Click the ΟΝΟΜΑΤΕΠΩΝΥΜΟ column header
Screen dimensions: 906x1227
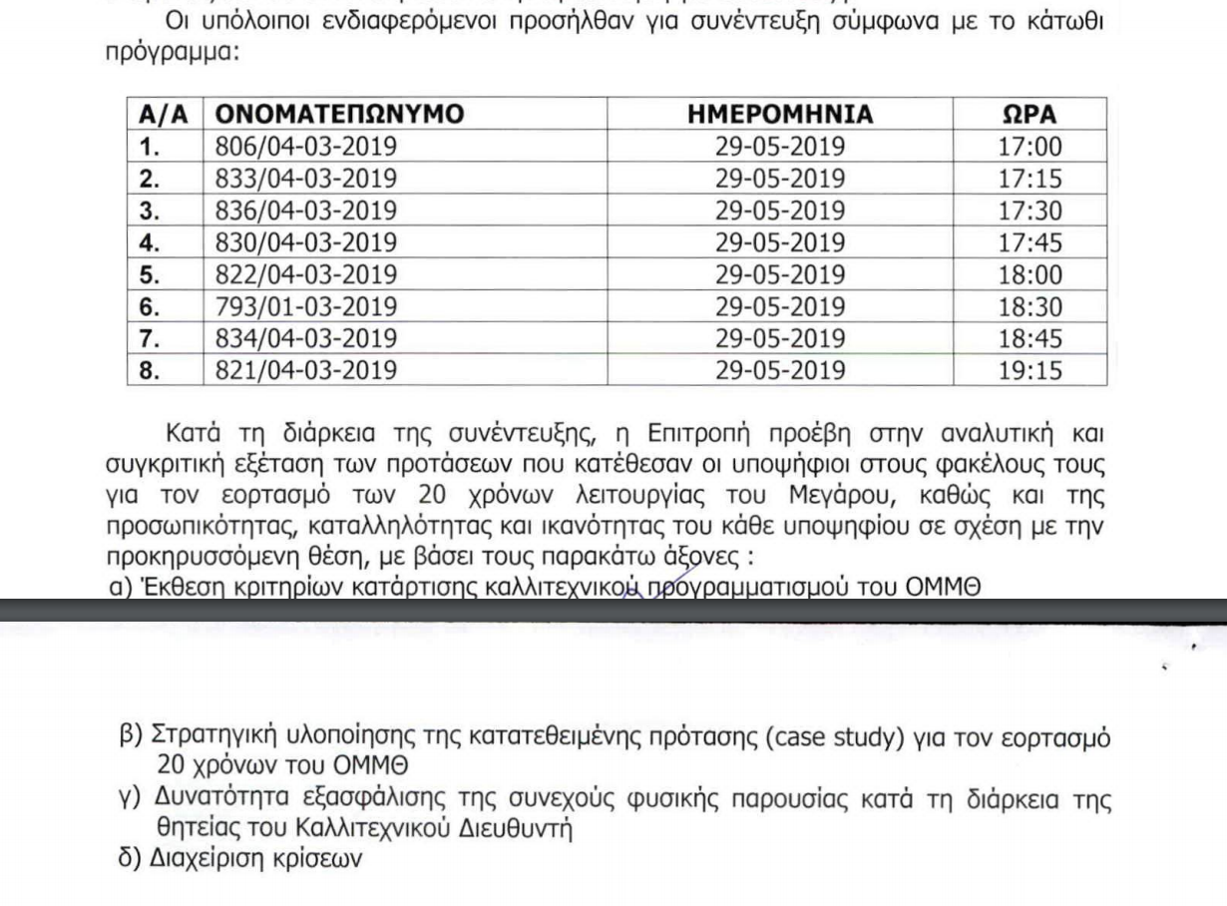(x=340, y=114)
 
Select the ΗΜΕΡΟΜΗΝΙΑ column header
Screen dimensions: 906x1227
(x=780, y=114)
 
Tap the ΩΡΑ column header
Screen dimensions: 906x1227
(x=1029, y=114)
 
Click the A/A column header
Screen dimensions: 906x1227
(x=164, y=114)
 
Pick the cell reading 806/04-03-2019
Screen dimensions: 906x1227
(x=306, y=147)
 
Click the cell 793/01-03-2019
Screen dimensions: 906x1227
(x=306, y=306)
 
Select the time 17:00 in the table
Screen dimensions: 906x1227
(x=1029, y=147)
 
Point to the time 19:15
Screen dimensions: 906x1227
(x=1029, y=370)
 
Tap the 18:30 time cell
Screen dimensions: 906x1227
(x=1029, y=306)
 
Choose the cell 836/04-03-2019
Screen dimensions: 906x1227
(x=306, y=211)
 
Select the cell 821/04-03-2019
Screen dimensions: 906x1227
(x=306, y=370)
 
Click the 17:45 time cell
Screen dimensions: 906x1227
(x=1029, y=242)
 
